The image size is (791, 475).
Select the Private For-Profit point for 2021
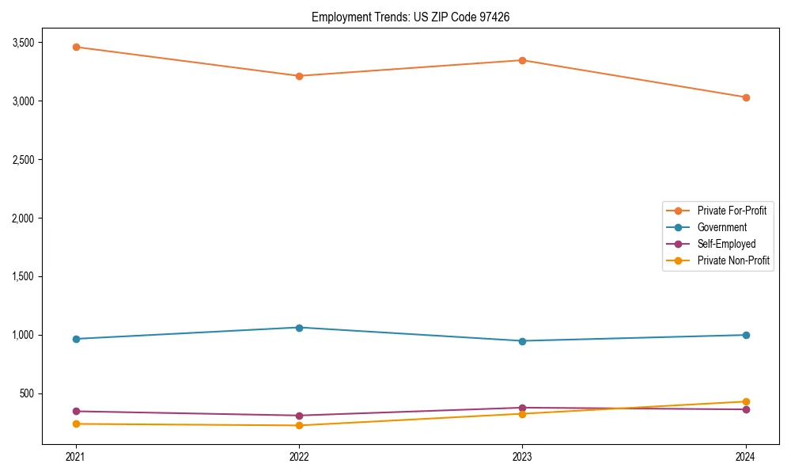pyautogui.click(x=76, y=47)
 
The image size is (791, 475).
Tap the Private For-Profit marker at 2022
pyautogui.click(x=299, y=76)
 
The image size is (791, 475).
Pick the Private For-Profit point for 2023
pyautogui.click(x=522, y=60)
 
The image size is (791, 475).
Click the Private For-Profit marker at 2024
pyautogui.click(x=746, y=97)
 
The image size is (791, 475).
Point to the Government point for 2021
pyautogui.click(x=76, y=339)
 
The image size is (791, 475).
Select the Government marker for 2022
pyautogui.click(x=299, y=328)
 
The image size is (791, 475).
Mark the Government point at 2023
pyautogui.click(x=522, y=341)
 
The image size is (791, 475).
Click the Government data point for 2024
pyautogui.click(x=746, y=335)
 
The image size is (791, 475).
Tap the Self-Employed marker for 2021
pyautogui.click(x=76, y=411)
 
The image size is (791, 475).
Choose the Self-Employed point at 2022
pyautogui.click(x=299, y=416)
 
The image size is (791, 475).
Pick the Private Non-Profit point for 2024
pyautogui.click(x=746, y=401)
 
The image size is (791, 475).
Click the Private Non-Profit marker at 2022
pyautogui.click(x=299, y=425)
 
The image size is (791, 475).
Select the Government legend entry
pyautogui.click(x=721, y=227)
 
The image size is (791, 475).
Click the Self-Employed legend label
pyautogui.click(x=726, y=244)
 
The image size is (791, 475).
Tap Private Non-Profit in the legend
pyautogui.click(x=733, y=260)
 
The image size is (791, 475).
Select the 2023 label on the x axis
pyautogui.click(x=522, y=456)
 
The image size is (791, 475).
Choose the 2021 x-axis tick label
pyautogui.click(x=76, y=456)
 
